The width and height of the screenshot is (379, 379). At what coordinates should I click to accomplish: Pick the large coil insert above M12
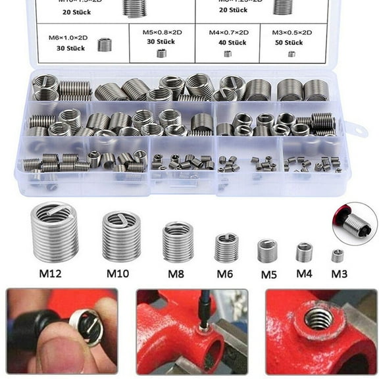(55, 232)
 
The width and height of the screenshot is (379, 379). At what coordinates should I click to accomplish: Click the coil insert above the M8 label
(178, 241)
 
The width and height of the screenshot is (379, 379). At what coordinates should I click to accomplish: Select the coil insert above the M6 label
(226, 248)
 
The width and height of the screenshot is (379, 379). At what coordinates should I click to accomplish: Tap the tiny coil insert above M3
(338, 256)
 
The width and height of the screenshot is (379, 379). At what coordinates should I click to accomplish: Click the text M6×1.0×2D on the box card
(66, 38)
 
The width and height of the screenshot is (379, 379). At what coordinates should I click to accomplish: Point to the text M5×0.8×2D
(162, 32)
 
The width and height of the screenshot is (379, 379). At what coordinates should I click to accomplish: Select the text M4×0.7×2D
(228, 32)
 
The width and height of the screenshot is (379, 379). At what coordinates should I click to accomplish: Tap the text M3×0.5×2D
(291, 32)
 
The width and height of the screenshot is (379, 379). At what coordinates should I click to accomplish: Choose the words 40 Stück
(228, 43)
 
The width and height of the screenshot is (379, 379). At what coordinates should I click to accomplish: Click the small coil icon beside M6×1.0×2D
(104, 45)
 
